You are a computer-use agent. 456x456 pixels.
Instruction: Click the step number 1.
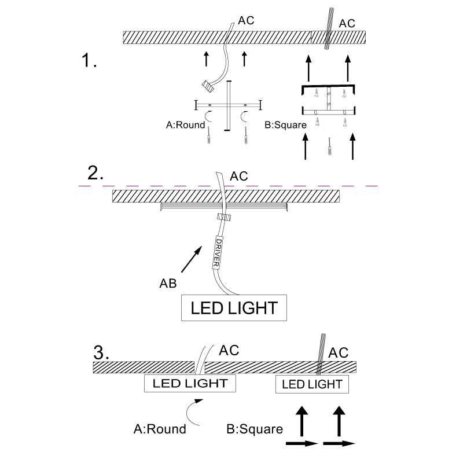pos(89,60)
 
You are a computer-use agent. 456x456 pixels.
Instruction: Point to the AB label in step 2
pos(169,284)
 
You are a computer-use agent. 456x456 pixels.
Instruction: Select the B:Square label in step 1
pos(285,124)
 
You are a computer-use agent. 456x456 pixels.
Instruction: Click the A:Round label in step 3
pos(160,429)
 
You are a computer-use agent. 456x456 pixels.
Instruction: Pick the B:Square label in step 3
pos(255,429)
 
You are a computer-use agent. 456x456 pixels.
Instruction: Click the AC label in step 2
pos(238,176)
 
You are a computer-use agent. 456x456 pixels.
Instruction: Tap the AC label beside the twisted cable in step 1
pos(346,23)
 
